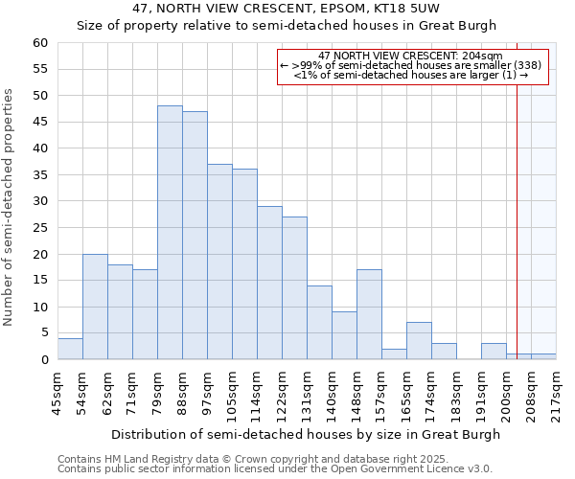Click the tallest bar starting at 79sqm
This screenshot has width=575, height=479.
(170, 233)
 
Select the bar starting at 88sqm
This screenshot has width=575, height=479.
(195, 236)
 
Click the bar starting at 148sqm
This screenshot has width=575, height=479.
(369, 314)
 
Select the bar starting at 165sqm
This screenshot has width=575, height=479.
(419, 341)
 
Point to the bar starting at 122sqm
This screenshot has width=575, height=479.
(294, 288)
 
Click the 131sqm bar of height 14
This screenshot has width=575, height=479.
(319, 323)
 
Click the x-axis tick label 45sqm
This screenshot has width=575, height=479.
(57, 393)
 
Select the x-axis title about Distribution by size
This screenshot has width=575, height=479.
(306, 434)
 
